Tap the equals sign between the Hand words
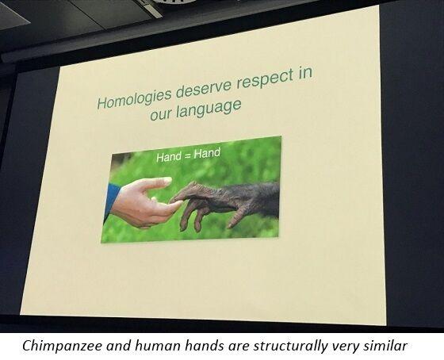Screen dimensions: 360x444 (x=189, y=155)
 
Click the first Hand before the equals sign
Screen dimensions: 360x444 (x=170, y=157)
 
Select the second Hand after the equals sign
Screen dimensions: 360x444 (x=207, y=153)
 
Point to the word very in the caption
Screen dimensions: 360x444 (x=355, y=344)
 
